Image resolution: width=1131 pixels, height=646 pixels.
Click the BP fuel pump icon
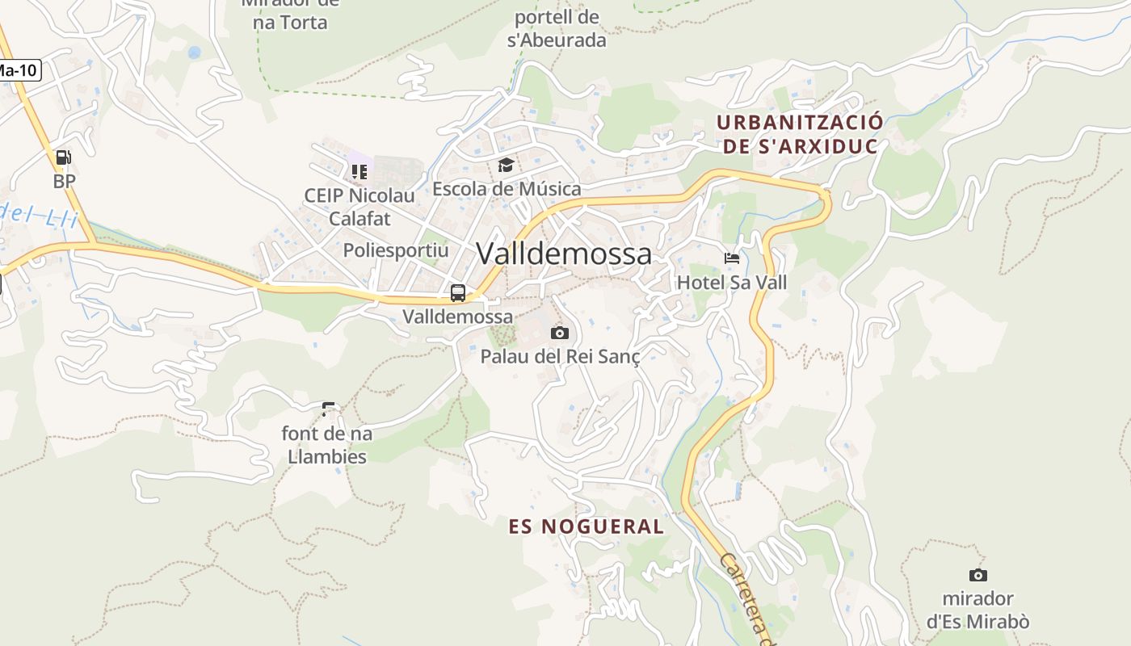(64, 157)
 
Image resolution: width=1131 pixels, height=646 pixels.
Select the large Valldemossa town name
(564, 254)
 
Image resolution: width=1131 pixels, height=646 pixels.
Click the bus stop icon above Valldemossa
(458, 292)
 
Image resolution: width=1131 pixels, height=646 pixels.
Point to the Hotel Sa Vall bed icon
(732, 259)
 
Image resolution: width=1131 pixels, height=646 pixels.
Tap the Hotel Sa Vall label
(732, 283)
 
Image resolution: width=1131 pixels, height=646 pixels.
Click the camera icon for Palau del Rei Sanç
(560, 333)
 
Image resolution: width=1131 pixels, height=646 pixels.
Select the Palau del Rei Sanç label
(560, 356)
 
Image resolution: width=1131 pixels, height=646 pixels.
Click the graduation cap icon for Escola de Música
(507, 166)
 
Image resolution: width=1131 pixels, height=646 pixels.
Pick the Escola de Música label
(507, 189)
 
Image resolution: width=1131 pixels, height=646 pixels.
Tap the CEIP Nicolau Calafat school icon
(359, 171)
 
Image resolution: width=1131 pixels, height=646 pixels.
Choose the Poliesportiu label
(396, 250)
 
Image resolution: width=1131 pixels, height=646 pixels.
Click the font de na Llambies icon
(328, 409)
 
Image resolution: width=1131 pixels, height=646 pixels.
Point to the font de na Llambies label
(327, 445)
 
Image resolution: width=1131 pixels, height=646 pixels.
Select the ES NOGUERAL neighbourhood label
(587, 527)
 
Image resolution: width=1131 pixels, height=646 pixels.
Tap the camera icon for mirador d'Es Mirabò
(978, 575)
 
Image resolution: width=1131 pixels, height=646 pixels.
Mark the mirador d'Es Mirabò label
(978, 610)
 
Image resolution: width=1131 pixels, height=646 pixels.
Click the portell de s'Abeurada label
(557, 28)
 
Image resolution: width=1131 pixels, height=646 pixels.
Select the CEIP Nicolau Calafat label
(359, 207)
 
